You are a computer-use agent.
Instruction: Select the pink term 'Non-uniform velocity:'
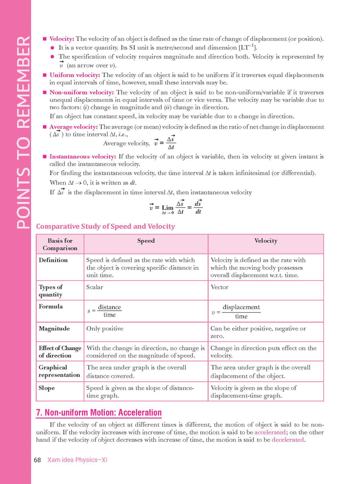tap(81, 92)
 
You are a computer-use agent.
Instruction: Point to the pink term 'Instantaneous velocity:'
tap(83, 157)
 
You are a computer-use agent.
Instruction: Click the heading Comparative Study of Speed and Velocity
tap(106, 226)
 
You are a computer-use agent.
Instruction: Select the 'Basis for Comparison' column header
tap(60, 244)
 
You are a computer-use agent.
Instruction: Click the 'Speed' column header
tap(146, 241)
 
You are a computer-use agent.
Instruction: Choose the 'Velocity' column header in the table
tap(266, 241)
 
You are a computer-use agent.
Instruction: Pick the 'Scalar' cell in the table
tap(95, 287)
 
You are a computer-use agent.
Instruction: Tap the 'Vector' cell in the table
tap(219, 287)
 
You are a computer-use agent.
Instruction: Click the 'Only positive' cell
tap(105, 328)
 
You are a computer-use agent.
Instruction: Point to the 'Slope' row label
tap(47, 388)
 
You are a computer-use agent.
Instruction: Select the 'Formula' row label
tap(49, 306)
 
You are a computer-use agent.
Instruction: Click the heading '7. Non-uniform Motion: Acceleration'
tap(99, 413)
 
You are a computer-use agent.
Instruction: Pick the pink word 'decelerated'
tap(288, 440)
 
